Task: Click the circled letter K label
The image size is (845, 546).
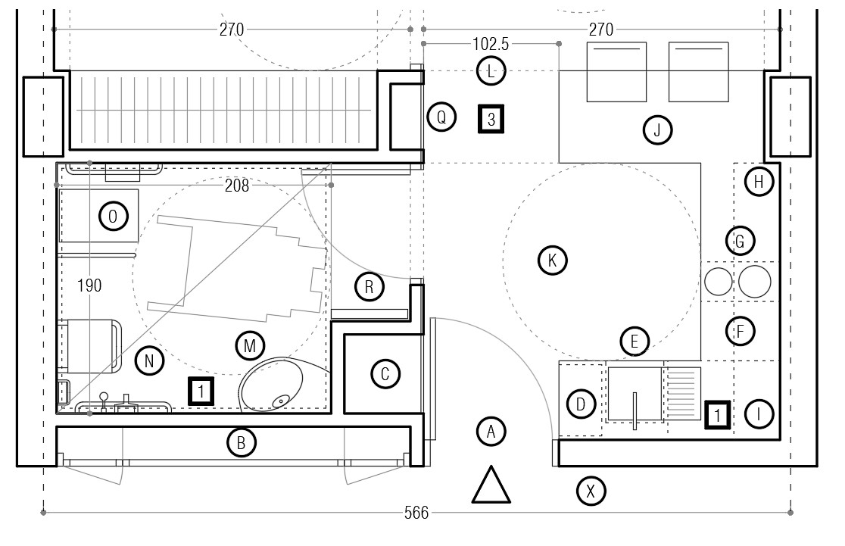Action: tap(553, 261)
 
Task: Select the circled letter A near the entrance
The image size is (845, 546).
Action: tap(491, 432)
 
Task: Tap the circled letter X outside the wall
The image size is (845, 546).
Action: tap(591, 491)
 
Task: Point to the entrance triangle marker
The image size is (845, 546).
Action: tap(491, 485)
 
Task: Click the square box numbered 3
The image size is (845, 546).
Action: tap(491, 119)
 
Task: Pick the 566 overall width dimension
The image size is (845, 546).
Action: tap(416, 513)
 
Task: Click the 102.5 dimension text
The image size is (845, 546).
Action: tap(491, 44)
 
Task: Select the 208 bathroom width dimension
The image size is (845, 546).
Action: tap(237, 186)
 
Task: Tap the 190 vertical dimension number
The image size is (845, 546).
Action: tap(89, 285)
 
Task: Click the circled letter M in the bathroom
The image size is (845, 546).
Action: tap(250, 345)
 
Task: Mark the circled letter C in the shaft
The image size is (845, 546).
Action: tap(385, 374)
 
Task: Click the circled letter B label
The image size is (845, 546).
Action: tap(242, 442)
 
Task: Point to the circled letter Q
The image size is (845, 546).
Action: tap(441, 117)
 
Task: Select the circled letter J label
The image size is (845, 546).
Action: tap(657, 130)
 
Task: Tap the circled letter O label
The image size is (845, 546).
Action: tap(113, 216)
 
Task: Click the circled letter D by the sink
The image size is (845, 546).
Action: tap(581, 404)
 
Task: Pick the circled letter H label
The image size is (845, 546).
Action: tap(759, 182)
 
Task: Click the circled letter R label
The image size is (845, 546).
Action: tap(369, 287)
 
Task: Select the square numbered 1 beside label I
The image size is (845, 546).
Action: tap(718, 415)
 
